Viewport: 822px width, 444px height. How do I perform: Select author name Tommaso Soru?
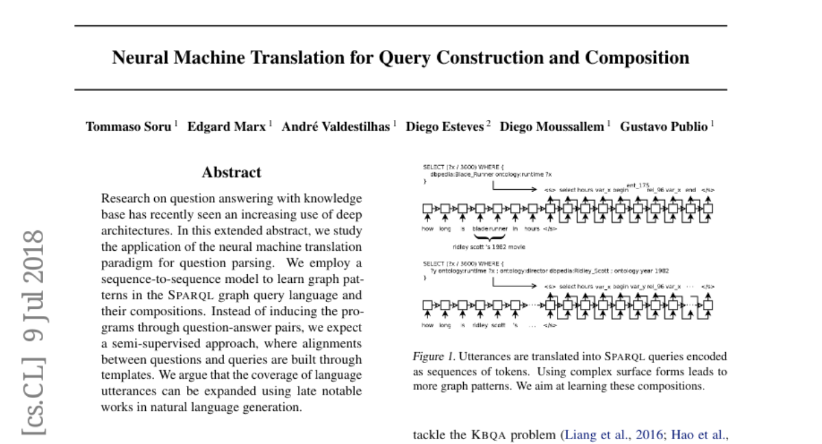click(128, 127)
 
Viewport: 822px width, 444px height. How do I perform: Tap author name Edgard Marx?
click(227, 127)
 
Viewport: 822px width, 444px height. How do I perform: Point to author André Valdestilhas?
click(336, 127)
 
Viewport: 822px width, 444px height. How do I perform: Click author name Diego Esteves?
click(445, 127)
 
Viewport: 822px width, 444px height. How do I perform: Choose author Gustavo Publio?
click(664, 127)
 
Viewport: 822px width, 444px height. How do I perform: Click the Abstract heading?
click(232, 173)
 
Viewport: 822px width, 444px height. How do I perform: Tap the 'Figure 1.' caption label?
click(434, 356)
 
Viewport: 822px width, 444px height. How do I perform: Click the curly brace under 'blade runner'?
click(488, 237)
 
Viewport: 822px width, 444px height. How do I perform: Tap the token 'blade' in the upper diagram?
click(480, 228)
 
